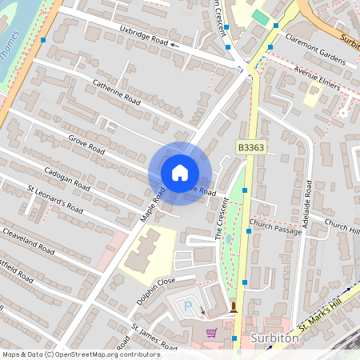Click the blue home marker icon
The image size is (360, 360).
point(179,173)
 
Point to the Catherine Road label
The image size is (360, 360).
point(116,92)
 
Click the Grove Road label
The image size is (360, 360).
point(86,144)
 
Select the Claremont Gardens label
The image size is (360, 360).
point(314,54)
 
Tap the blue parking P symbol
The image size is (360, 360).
point(189,306)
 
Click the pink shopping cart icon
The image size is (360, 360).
point(211,333)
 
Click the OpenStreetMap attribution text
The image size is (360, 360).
point(81,354)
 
